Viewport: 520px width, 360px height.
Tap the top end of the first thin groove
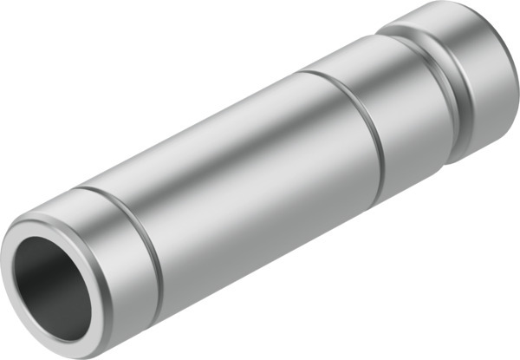(82, 188)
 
